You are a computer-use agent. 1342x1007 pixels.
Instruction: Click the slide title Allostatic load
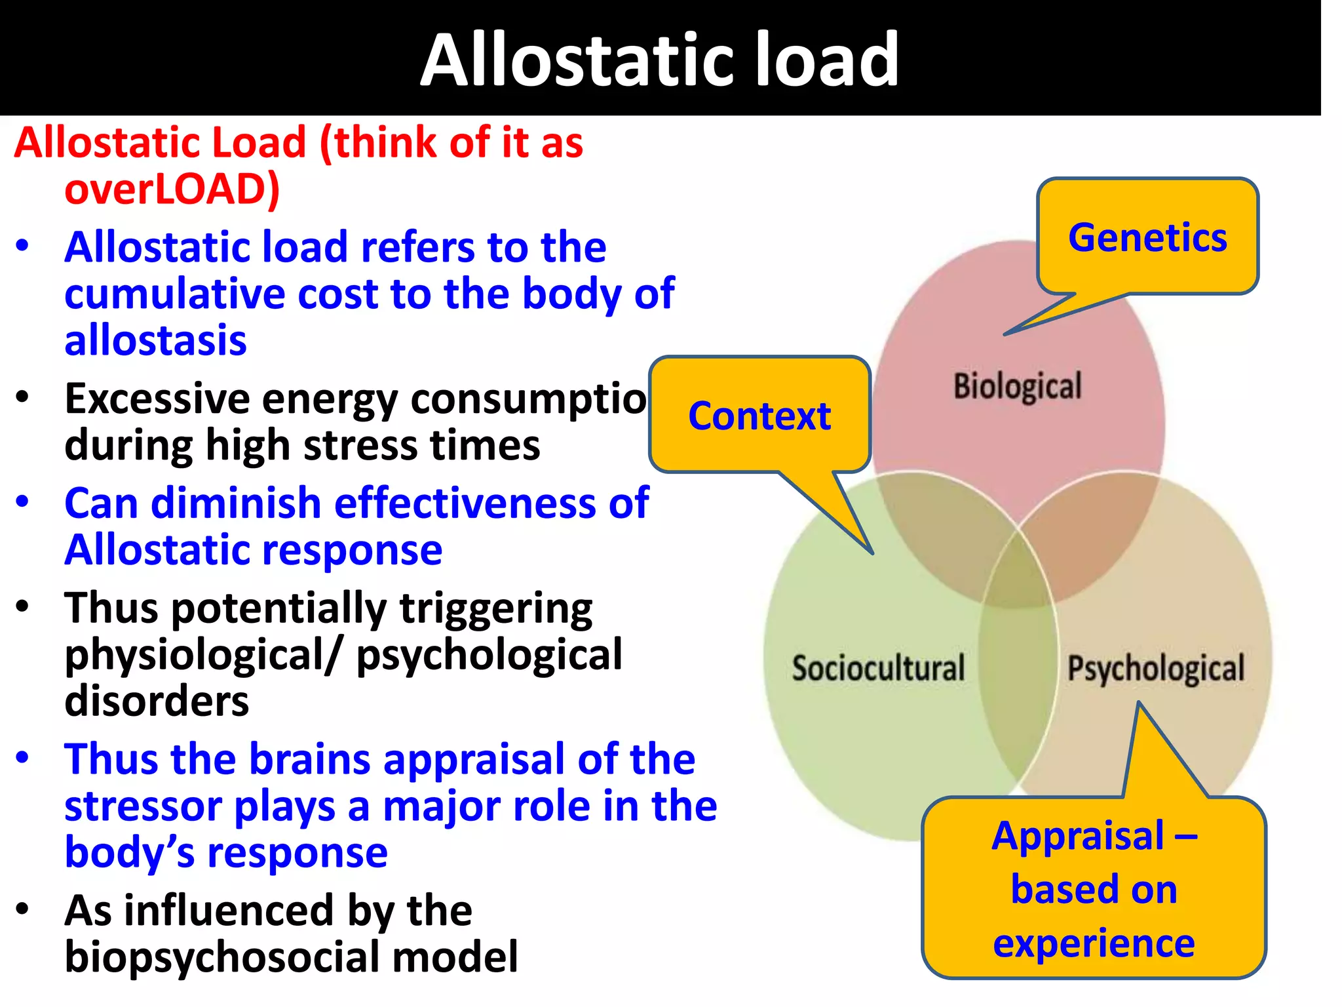coord(659,60)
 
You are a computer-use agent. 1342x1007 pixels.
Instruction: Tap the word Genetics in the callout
coord(1147,237)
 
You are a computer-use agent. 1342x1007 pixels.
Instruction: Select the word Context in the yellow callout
coord(759,416)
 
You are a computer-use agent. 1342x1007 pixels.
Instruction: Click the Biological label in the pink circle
coord(1017,386)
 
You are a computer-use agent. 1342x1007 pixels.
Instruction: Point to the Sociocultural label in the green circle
coord(878,668)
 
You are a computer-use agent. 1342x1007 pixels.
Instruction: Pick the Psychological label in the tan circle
coord(1156,668)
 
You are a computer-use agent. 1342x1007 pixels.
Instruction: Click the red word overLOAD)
coord(172,189)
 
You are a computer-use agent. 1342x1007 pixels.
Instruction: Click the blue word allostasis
coord(155,340)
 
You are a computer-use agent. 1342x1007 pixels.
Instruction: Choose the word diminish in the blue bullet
coord(235,503)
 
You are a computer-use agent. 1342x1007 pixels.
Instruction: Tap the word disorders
coord(157,701)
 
